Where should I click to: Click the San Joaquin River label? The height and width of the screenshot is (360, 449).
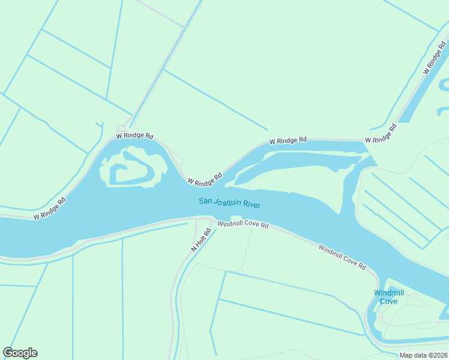click(x=229, y=203)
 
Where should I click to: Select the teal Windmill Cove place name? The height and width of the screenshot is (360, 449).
click(x=388, y=297)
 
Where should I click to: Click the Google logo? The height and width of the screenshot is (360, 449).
click(x=20, y=353)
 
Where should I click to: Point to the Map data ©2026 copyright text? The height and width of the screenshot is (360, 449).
click(x=423, y=355)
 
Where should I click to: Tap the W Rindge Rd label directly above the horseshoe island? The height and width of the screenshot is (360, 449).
click(x=135, y=136)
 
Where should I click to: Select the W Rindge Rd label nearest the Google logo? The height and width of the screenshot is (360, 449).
click(x=49, y=208)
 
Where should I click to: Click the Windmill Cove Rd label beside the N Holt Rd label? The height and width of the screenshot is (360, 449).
click(x=243, y=224)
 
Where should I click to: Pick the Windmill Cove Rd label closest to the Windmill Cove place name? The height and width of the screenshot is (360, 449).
click(x=342, y=256)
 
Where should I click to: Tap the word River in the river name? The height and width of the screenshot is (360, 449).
click(x=252, y=205)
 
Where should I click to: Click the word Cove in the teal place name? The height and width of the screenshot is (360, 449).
click(x=388, y=301)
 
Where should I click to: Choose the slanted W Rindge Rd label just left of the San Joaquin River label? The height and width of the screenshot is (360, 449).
click(x=205, y=178)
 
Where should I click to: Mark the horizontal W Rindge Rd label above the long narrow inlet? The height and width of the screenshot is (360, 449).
click(x=288, y=140)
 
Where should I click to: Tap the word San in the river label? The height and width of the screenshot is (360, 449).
click(x=205, y=201)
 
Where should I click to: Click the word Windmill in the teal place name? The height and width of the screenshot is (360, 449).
click(x=389, y=293)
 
